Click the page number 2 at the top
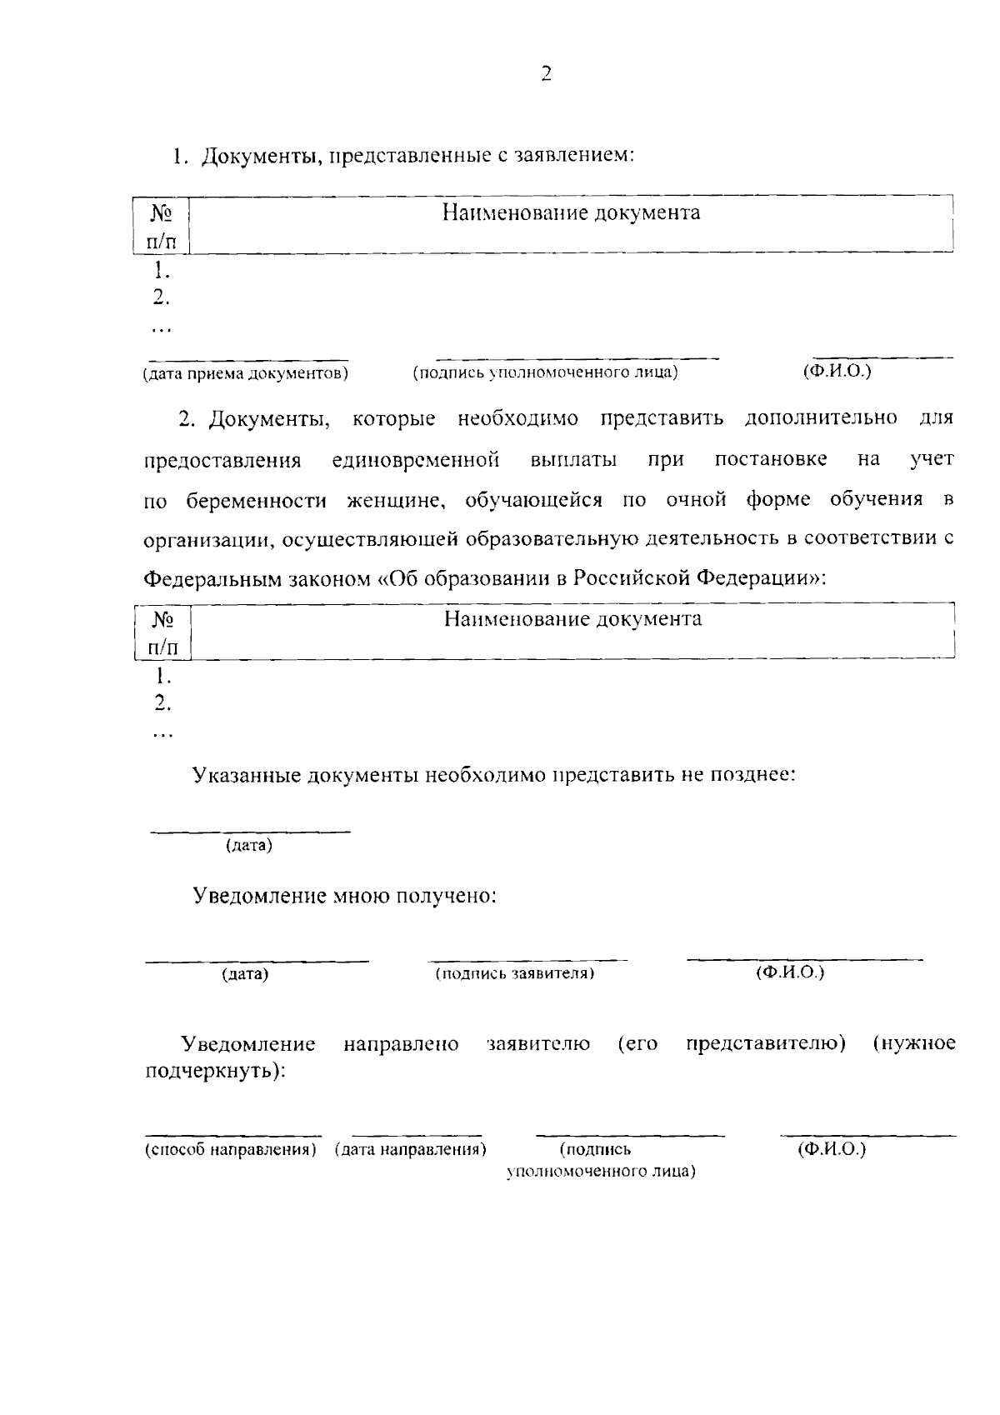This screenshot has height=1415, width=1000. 546,74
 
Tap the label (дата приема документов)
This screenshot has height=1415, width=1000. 245,373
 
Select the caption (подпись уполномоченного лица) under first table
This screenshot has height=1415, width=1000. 546,372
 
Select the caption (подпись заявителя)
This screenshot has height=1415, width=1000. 514,973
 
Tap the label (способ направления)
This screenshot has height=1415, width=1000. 231,1150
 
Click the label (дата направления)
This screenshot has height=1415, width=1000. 410,1150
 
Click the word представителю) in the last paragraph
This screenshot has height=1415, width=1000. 766,1044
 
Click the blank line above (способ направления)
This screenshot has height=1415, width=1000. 233,1135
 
